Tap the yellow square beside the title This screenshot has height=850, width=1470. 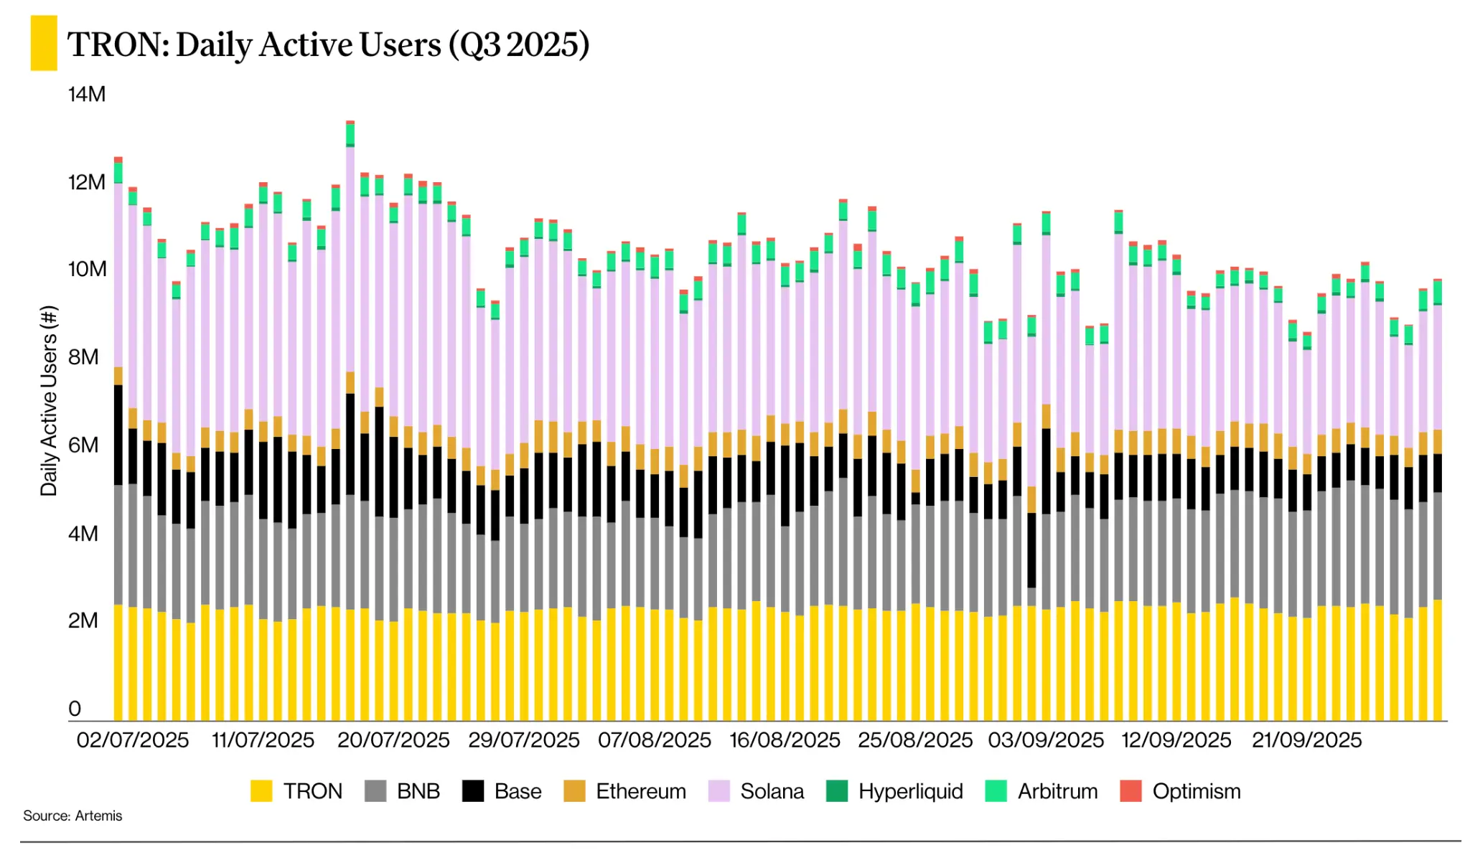pos(43,43)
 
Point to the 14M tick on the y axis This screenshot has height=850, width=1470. pos(87,94)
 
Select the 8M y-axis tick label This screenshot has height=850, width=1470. pos(83,356)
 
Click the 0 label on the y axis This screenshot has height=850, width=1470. pos(75,709)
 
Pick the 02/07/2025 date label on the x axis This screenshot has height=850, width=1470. pos(133,740)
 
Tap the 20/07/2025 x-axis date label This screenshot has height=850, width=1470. pos(393,740)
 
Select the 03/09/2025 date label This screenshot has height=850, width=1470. pos(1046,740)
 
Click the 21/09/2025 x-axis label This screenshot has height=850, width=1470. pos(1306,740)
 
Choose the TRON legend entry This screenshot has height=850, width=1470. pos(297,791)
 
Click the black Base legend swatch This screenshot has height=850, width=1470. pos(473,791)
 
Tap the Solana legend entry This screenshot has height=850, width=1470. pos(757,791)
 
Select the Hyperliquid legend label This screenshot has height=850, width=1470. pos(910,791)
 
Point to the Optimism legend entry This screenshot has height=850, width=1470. pos(1181,791)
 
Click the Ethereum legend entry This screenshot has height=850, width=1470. pos(625,791)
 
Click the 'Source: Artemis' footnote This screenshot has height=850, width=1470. pos(72,816)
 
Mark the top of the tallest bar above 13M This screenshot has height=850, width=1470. pos(350,123)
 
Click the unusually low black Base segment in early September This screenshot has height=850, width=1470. pos(1031,549)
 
